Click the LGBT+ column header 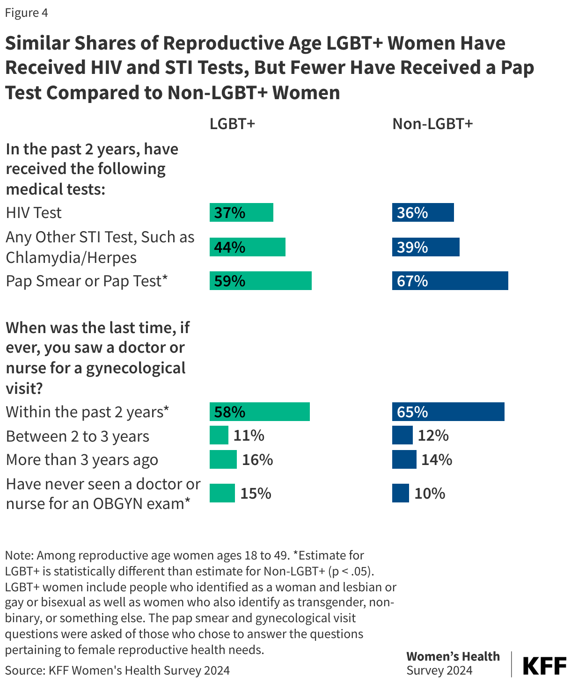232,124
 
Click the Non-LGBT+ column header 432,124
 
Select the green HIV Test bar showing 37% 241,212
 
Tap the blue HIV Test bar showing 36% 423,212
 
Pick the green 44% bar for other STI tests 247,247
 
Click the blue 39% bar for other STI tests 425,247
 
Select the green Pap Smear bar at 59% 260,281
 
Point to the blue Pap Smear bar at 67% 450,281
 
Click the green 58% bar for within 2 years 259,412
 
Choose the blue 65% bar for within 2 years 448,412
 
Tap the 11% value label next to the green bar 249,436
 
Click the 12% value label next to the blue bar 433,436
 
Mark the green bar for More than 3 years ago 223,459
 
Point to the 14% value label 437,460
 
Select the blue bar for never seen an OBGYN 400,493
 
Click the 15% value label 256,494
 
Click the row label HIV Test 34,213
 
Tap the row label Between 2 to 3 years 77,436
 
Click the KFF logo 544,665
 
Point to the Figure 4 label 26,13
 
